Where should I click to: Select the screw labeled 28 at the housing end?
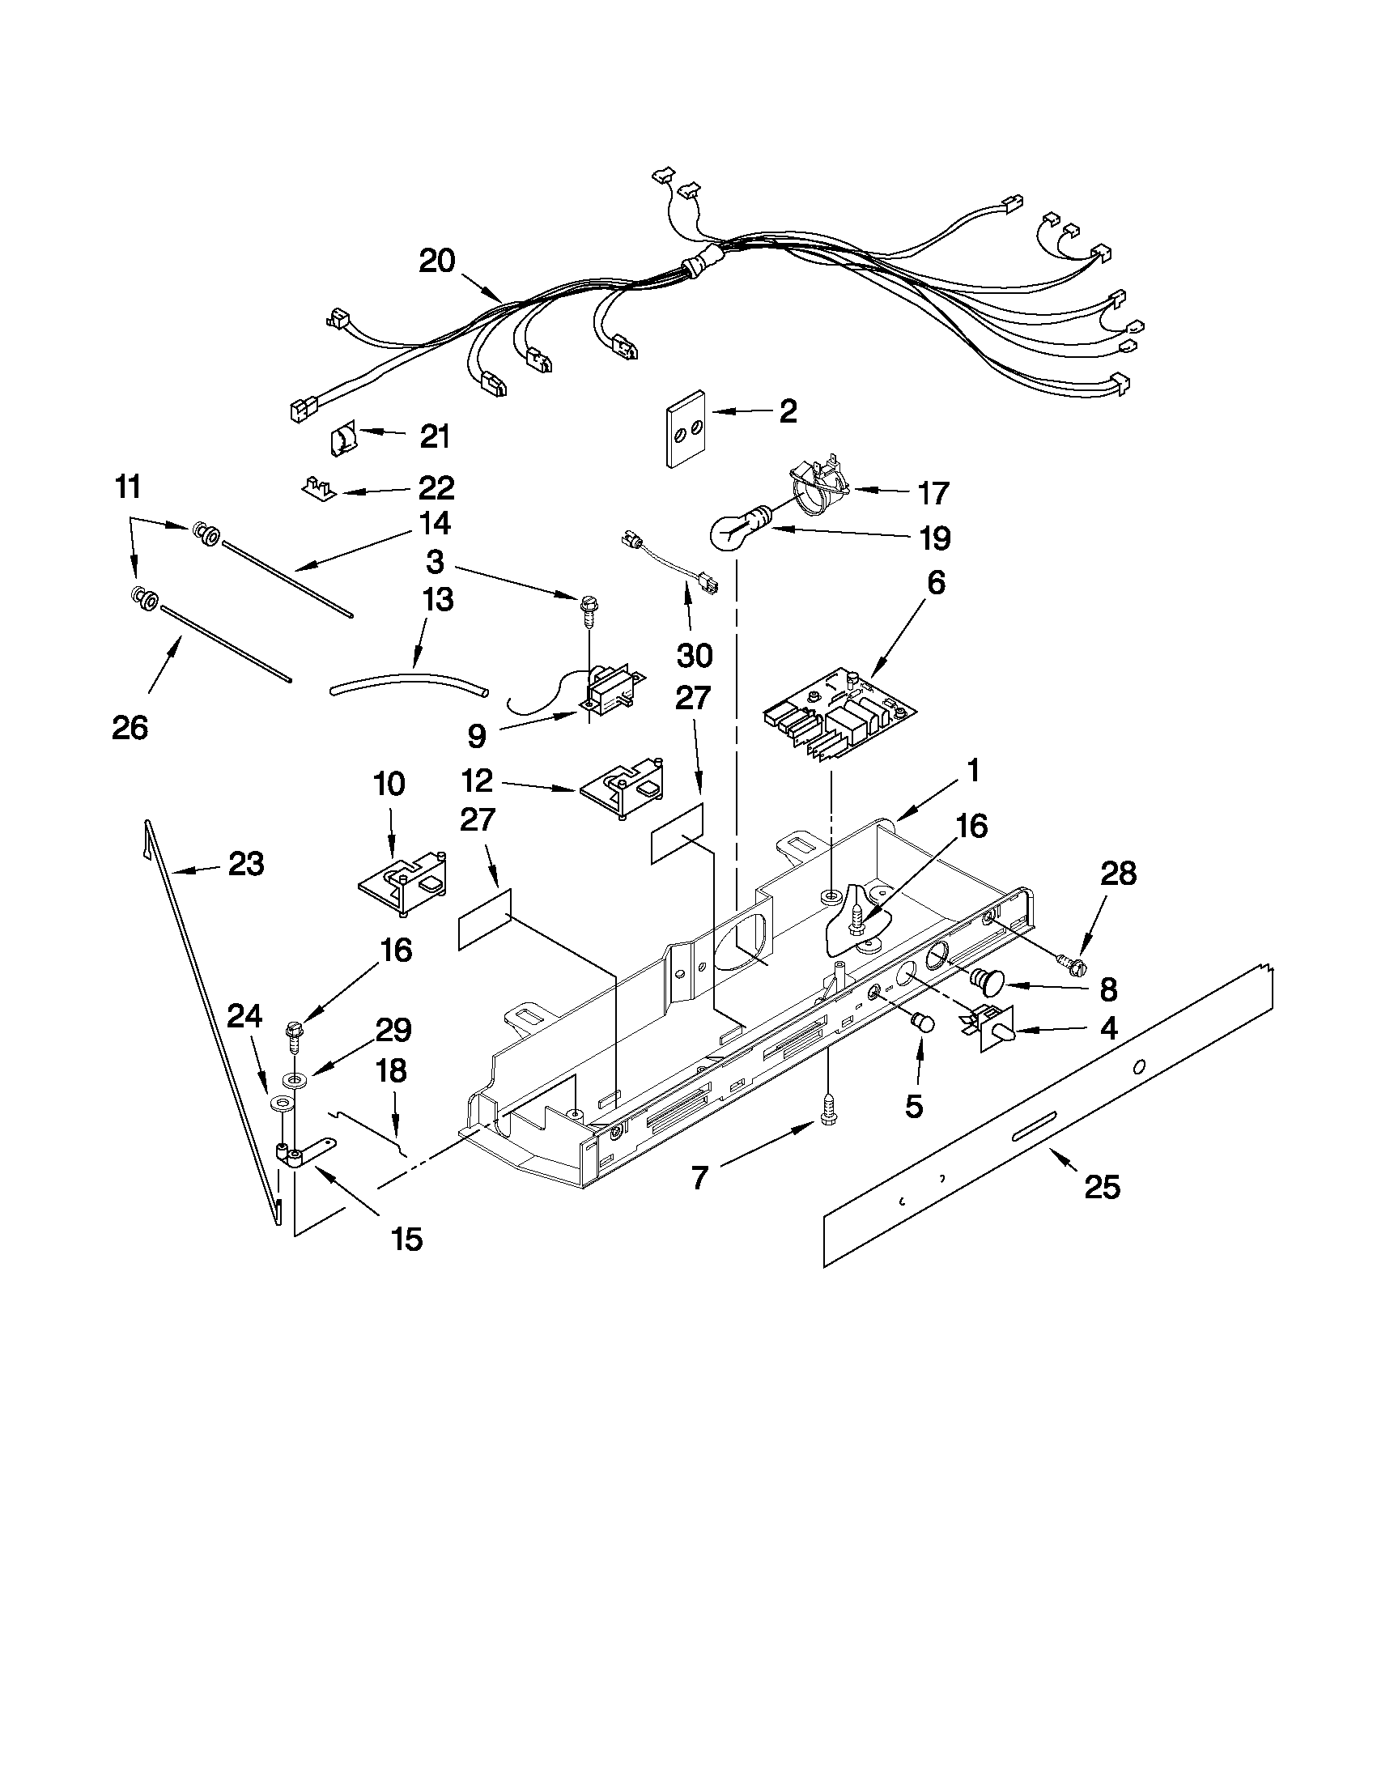click(1073, 965)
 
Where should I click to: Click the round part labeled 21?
click(342, 442)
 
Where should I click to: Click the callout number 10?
click(389, 785)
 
